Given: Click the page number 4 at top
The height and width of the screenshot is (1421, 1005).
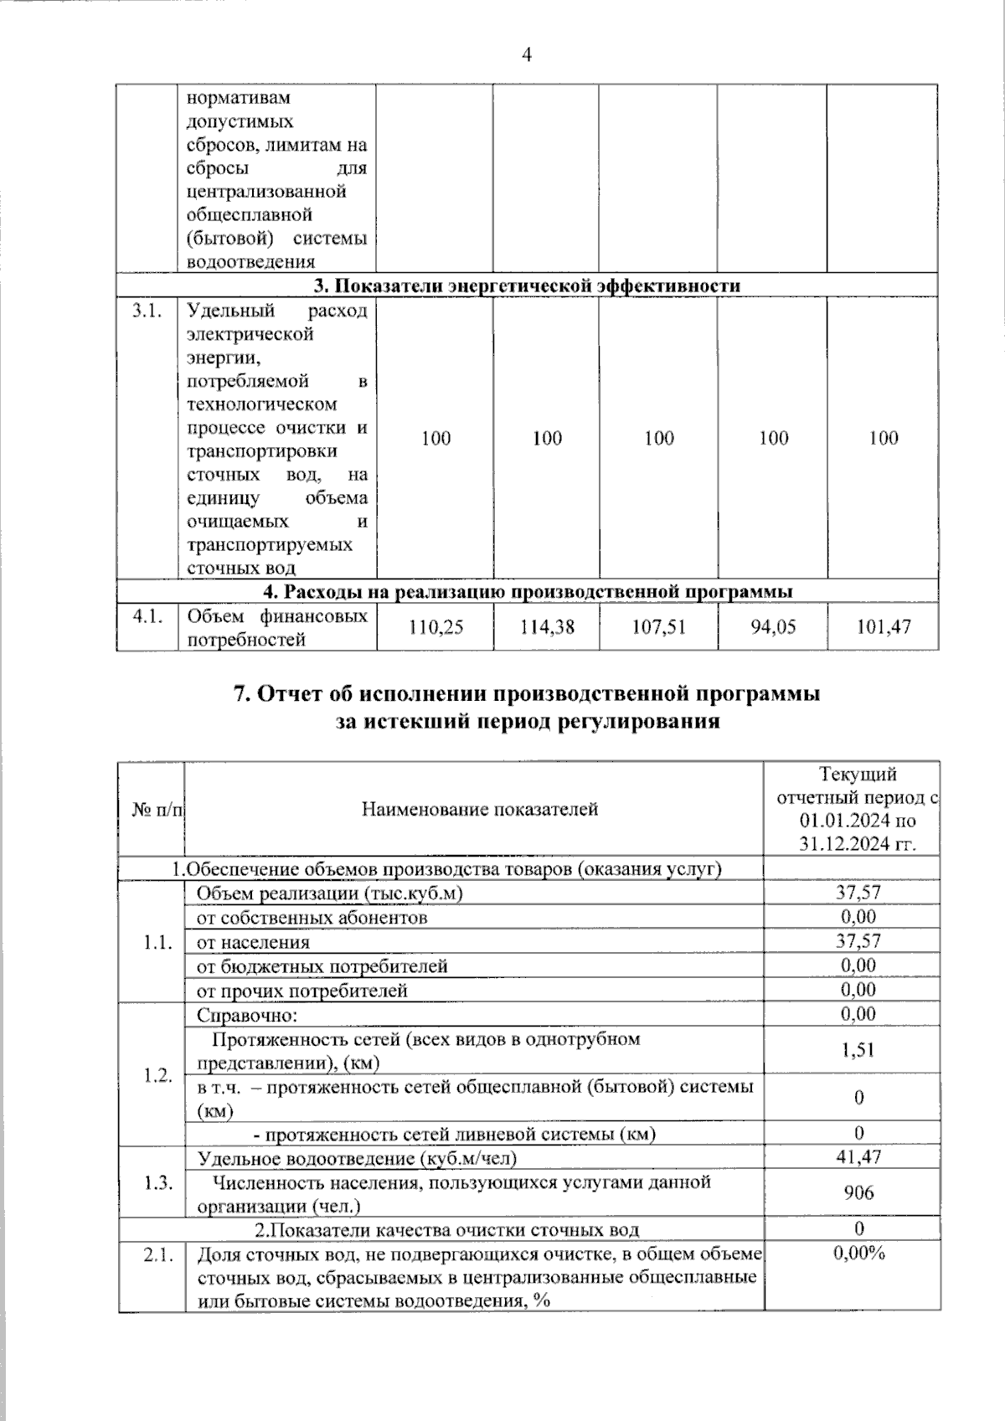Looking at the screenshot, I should point(526,56).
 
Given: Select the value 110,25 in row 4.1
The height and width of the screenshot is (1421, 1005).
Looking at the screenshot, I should point(435,627).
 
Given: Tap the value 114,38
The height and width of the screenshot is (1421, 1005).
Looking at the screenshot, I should point(547,627).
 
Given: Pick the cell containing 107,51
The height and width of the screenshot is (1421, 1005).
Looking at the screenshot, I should point(658,627).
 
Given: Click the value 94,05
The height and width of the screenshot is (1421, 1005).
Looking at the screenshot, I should point(773,627).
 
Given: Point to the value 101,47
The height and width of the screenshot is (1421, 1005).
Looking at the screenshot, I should point(884,627).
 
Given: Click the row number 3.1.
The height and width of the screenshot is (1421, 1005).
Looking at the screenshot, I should point(146,311).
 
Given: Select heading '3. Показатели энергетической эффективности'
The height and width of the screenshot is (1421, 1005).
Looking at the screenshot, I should point(527,286).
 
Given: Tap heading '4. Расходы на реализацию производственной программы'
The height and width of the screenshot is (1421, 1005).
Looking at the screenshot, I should point(527,592).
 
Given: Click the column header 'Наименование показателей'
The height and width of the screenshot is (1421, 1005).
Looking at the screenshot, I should point(480,809).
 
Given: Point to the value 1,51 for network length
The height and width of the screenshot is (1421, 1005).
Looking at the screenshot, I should point(858,1050).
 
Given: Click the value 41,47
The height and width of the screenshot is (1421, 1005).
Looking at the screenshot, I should point(858,1157).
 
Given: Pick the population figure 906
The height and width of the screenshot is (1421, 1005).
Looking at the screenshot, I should point(858,1192).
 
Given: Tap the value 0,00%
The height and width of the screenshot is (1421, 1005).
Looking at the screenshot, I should point(858,1253).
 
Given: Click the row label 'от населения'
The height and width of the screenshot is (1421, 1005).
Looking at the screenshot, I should point(253,943).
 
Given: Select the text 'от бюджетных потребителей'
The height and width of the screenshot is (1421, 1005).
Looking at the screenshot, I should point(322,967).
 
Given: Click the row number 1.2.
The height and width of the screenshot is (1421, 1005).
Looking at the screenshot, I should point(157,1075).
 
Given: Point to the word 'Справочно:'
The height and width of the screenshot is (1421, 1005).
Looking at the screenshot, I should point(247,1015).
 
